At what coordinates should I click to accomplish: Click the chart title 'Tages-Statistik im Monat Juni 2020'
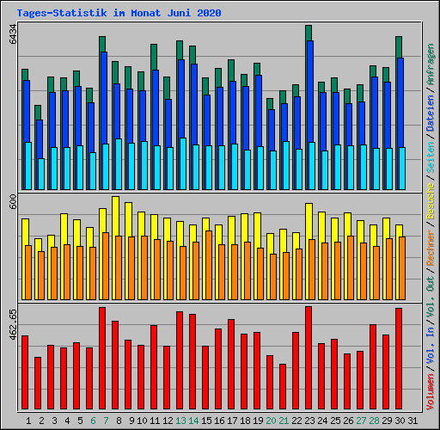tap(119, 13)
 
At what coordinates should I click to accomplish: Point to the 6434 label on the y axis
tap(12, 35)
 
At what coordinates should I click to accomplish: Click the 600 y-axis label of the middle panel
tap(12, 200)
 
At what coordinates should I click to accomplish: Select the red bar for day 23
tap(309, 359)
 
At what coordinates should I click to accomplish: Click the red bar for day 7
tap(102, 359)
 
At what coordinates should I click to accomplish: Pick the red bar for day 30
tap(399, 359)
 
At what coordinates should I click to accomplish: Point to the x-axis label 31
tap(412, 421)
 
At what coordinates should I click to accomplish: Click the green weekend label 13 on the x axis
tap(180, 421)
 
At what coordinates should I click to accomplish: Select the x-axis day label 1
tap(29, 421)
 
